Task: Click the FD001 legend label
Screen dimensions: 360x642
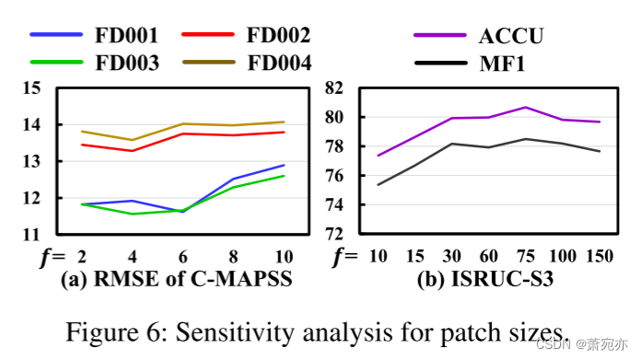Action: [126, 36]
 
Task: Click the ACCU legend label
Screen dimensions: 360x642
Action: [511, 36]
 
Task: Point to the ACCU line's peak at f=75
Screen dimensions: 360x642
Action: [525, 108]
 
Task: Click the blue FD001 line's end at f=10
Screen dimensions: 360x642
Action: [284, 165]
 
